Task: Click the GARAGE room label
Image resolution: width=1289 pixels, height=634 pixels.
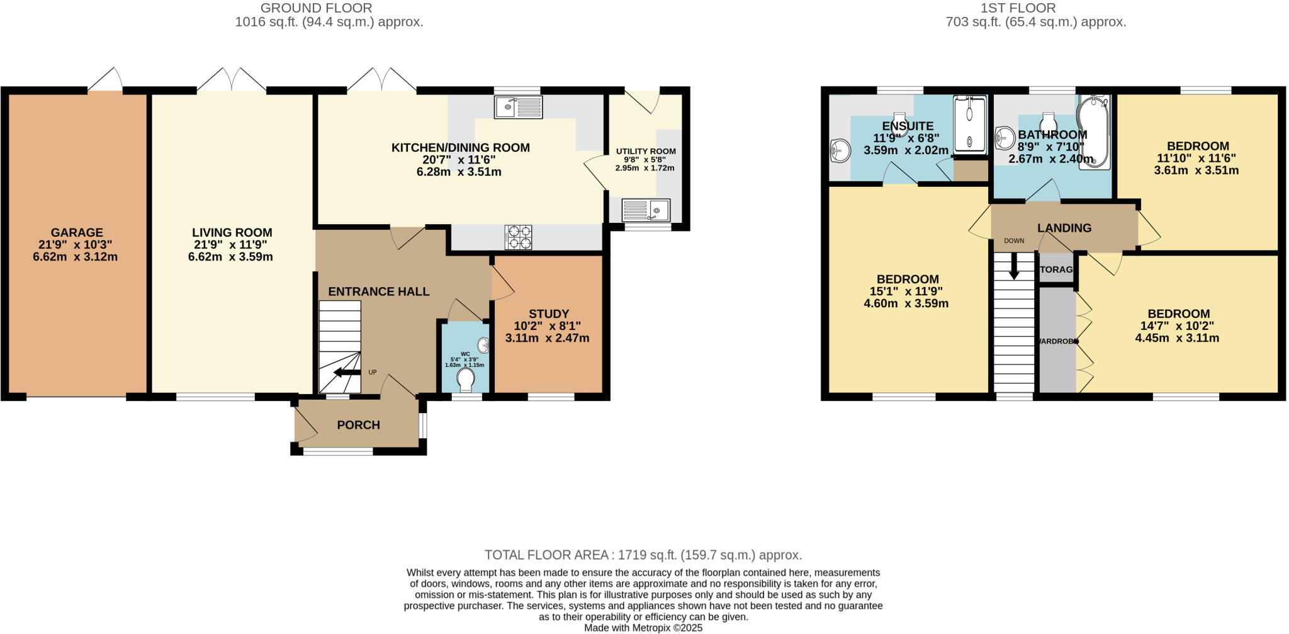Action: point(77,232)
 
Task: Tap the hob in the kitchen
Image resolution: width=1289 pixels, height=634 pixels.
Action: point(518,237)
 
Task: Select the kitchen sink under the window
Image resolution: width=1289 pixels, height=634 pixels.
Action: point(518,107)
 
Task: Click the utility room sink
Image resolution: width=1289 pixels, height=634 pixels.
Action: point(646,209)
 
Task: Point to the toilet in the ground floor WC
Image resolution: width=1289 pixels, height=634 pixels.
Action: point(466,380)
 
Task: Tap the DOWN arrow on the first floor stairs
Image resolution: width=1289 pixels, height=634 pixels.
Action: point(1014,266)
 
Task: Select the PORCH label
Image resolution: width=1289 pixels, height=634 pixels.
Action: point(358,425)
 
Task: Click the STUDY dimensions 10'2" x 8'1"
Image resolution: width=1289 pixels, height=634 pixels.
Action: point(543,326)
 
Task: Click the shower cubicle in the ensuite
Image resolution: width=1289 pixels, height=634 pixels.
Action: point(969,124)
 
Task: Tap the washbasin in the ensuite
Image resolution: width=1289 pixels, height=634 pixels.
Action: point(840,149)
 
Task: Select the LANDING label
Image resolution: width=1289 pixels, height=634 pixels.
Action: point(1064,228)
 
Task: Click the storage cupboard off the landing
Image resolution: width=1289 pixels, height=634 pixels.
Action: point(1055,269)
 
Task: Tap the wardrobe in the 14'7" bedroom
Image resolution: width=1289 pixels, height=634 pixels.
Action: point(1057,341)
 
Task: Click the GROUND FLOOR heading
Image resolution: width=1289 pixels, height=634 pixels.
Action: point(316,8)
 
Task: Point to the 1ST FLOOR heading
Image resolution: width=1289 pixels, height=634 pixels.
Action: point(1035,8)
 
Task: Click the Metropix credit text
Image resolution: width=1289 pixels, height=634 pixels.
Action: point(643,628)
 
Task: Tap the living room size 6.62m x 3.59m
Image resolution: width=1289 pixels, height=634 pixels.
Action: point(230,257)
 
